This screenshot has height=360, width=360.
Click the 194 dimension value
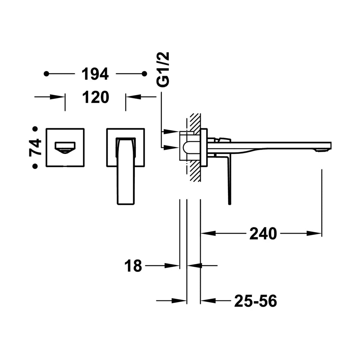pos(95,74)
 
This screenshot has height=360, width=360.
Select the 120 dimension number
pos(96,97)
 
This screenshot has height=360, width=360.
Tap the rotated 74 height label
pos(35,148)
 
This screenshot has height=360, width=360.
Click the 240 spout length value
pos(263,234)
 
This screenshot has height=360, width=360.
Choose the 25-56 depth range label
pos(256,301)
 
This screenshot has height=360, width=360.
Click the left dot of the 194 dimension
pos(46,74)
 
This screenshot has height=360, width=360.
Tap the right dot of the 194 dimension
pos(144,74)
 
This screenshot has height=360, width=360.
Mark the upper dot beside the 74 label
pos(35,129)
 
